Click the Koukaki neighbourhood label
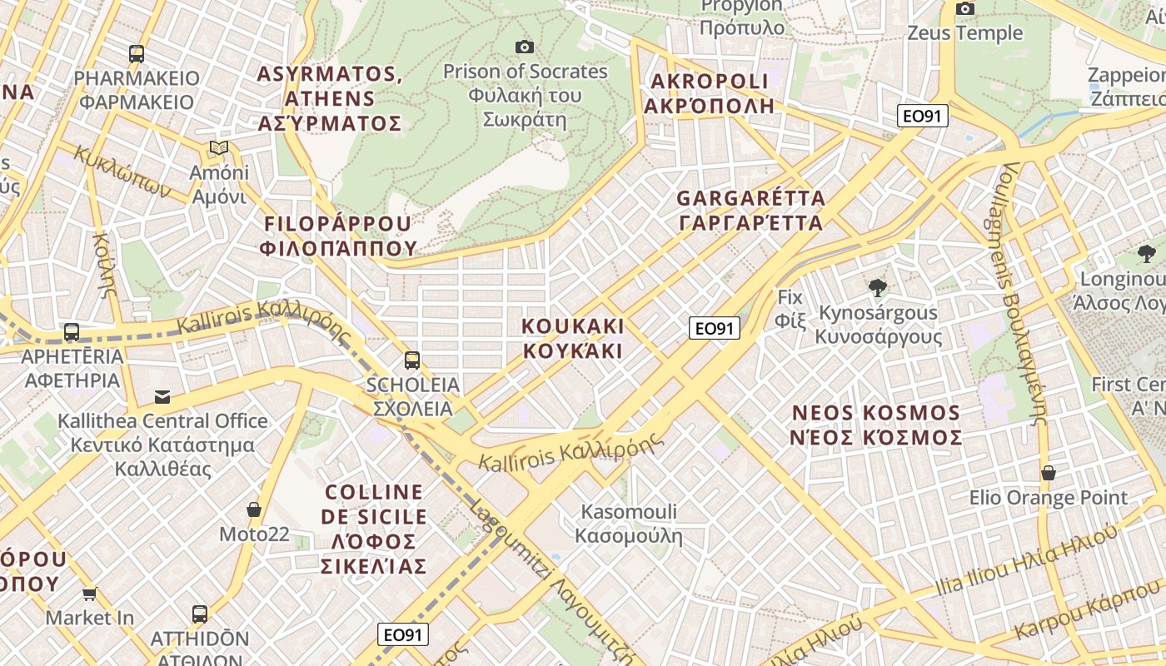[x=573, y=338]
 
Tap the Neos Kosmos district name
[x=876, y=425]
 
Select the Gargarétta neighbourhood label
[x=750, y=211]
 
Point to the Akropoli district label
[x=709, y=93]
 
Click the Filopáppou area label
[x=337, y=236]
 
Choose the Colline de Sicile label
[x=374, y=529]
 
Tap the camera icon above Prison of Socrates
[x=524, y=47]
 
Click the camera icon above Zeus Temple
[x=965, y=9]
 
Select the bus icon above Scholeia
[x=412, y=360]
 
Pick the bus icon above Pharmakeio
[x=137, y=54]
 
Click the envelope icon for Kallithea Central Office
[x=162, y=397]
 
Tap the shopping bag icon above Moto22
[x=254, y=509]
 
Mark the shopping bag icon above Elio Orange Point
[x=1049, y=474]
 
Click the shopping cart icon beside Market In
[x=90, y=594]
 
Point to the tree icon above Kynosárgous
[x=877, y=289]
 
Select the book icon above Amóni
[x=219, y=148]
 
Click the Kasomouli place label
[x=630, y=524]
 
